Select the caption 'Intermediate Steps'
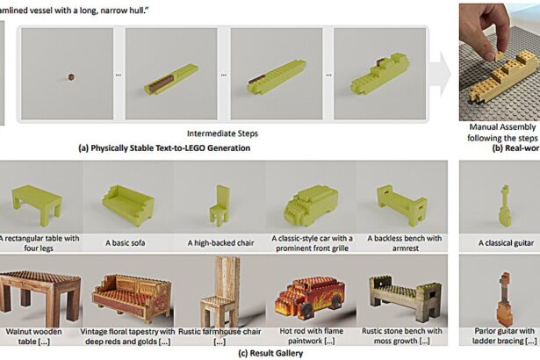click(222, 133)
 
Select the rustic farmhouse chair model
click(219, 291)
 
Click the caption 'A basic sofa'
click(128, 242)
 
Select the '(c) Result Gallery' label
click(269, 353)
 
